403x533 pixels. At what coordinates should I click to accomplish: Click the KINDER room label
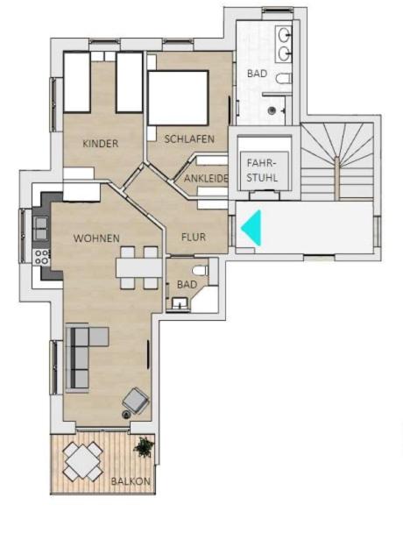(101, 144)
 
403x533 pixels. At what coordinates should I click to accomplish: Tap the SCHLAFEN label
(189, 139)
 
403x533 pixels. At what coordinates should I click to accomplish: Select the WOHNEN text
(96, 238)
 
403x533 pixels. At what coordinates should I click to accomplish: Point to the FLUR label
(194, 237)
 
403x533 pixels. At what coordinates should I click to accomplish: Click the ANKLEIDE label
(206, 178)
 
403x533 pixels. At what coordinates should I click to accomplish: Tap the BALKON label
(131, 481)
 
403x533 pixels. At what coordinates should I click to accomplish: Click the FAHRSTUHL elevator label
(262, 170)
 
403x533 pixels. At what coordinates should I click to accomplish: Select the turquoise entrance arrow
(251, 228)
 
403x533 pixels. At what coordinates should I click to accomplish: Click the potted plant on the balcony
(144, 447)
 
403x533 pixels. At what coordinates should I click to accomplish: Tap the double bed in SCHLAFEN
(178, 98)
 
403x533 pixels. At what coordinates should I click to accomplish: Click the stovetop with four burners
(41, 257)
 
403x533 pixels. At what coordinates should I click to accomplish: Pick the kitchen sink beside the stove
(41, 228)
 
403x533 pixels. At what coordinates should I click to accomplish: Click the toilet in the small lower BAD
(200, 271)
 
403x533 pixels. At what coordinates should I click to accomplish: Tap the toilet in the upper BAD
(283, 79)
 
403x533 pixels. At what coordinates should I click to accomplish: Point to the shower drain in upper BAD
(272, 110)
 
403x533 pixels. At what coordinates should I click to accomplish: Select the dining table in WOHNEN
(138, 268)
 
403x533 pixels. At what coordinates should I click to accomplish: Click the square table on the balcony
(83, 461)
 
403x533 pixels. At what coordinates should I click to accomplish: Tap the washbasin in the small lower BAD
(180, 303)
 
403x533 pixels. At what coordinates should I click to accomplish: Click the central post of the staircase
(336, 178)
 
